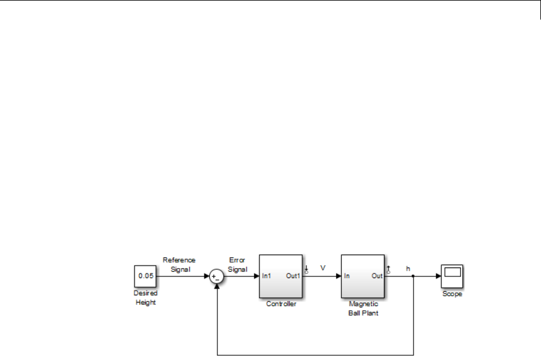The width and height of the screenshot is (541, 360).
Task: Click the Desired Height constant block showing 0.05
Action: point(145,276)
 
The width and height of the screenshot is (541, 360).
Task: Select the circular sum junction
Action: point(216,276)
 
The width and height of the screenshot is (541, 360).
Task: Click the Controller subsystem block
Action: point(280,276)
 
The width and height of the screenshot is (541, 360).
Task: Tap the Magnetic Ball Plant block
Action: point(362,276)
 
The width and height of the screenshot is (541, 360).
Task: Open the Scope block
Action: point(452,276)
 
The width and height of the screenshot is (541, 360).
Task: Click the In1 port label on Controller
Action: point(267,276)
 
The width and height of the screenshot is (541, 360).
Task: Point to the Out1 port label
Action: point(293,276)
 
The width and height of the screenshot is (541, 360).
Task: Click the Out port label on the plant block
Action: point(377,276)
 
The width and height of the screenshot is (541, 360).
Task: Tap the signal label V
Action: point(323,268)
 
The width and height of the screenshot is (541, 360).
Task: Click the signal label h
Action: point(408,269)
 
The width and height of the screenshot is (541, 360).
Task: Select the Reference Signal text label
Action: point(179,264)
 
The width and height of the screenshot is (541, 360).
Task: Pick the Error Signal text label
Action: point(237,264)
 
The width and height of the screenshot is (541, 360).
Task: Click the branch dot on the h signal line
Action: point(413,276)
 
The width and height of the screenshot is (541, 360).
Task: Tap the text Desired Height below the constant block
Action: point(145,298)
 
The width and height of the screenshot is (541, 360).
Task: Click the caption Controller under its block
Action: point(281,304)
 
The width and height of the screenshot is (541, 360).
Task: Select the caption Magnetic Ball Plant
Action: point(363,308)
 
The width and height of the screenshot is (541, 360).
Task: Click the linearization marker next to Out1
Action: point(306,270)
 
